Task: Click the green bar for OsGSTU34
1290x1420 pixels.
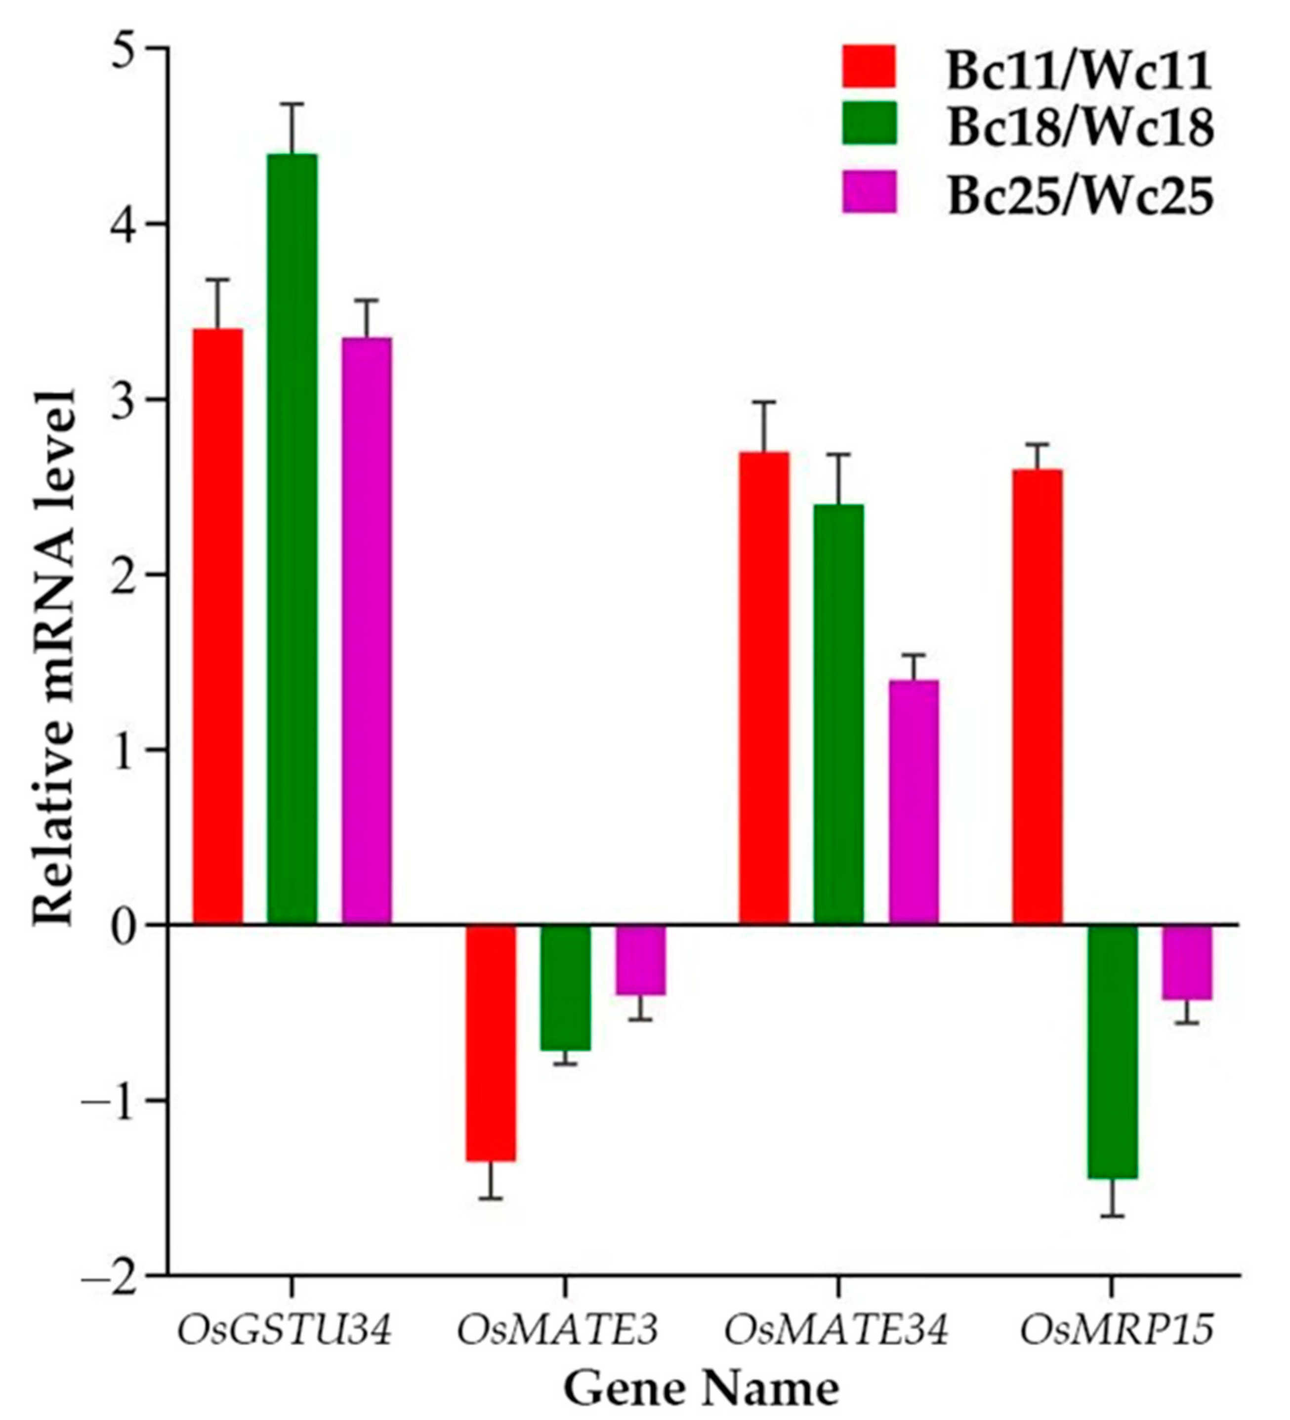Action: point(292,538)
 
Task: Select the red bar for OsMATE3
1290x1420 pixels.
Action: point(491,1042)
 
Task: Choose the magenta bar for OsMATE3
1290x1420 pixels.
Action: point(641,959)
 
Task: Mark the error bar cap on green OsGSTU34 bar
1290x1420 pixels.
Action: point(292,104)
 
